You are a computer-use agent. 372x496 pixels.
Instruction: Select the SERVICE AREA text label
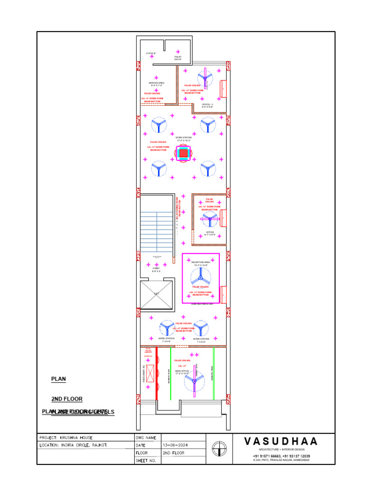click(156, 84)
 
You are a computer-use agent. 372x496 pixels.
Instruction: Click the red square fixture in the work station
click(183, 154)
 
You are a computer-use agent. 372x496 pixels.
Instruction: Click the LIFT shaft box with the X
click(156, 294)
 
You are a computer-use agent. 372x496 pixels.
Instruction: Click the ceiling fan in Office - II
click(205, 78)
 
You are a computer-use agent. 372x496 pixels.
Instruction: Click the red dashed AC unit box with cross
click(150, 374)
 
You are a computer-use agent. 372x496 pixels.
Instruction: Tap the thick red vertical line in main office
click(157, 373)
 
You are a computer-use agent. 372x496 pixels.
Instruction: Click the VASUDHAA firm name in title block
click(281, 441)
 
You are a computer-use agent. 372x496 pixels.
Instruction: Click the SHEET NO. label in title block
click(146, 461)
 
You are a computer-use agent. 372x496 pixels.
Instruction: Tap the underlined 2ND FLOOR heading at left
click(67, 399)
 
